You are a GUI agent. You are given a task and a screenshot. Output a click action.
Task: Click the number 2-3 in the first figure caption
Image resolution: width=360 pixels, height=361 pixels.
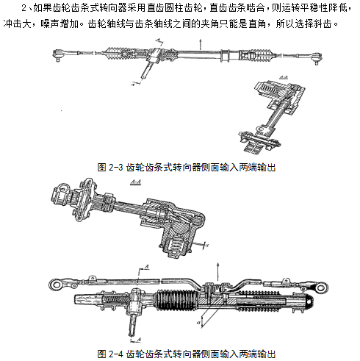click(115, 168)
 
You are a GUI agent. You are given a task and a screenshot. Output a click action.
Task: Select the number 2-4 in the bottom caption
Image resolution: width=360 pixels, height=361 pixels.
click(115, 354)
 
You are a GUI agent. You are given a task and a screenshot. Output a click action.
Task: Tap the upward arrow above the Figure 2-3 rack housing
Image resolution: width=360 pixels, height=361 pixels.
click(201, 44)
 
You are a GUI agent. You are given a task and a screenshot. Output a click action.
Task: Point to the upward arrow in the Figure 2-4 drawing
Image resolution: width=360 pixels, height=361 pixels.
click(217, 271)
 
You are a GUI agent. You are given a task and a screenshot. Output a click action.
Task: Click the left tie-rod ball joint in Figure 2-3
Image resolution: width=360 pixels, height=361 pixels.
click(58, 55)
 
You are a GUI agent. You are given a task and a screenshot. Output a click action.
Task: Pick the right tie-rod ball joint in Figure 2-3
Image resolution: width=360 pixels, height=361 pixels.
click(317, 58)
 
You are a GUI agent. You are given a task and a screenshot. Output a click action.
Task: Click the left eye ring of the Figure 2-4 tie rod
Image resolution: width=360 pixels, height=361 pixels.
click(57, 285)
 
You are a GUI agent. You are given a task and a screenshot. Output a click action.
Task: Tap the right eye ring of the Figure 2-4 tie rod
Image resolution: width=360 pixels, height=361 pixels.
click(321, 287)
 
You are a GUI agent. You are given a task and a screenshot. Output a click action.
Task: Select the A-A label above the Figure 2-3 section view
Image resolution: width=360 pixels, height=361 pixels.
click(284, 78)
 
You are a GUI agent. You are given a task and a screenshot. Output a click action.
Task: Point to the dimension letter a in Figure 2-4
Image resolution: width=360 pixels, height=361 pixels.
click(199, 322)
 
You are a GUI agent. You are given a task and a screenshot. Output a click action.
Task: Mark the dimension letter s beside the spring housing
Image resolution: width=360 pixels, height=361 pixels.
click(207, 245)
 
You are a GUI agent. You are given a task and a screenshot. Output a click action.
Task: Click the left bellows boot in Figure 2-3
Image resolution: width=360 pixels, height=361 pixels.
click(113, 53)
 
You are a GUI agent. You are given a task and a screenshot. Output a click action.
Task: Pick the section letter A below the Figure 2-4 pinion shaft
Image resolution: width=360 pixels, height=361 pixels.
click(138, 340)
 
